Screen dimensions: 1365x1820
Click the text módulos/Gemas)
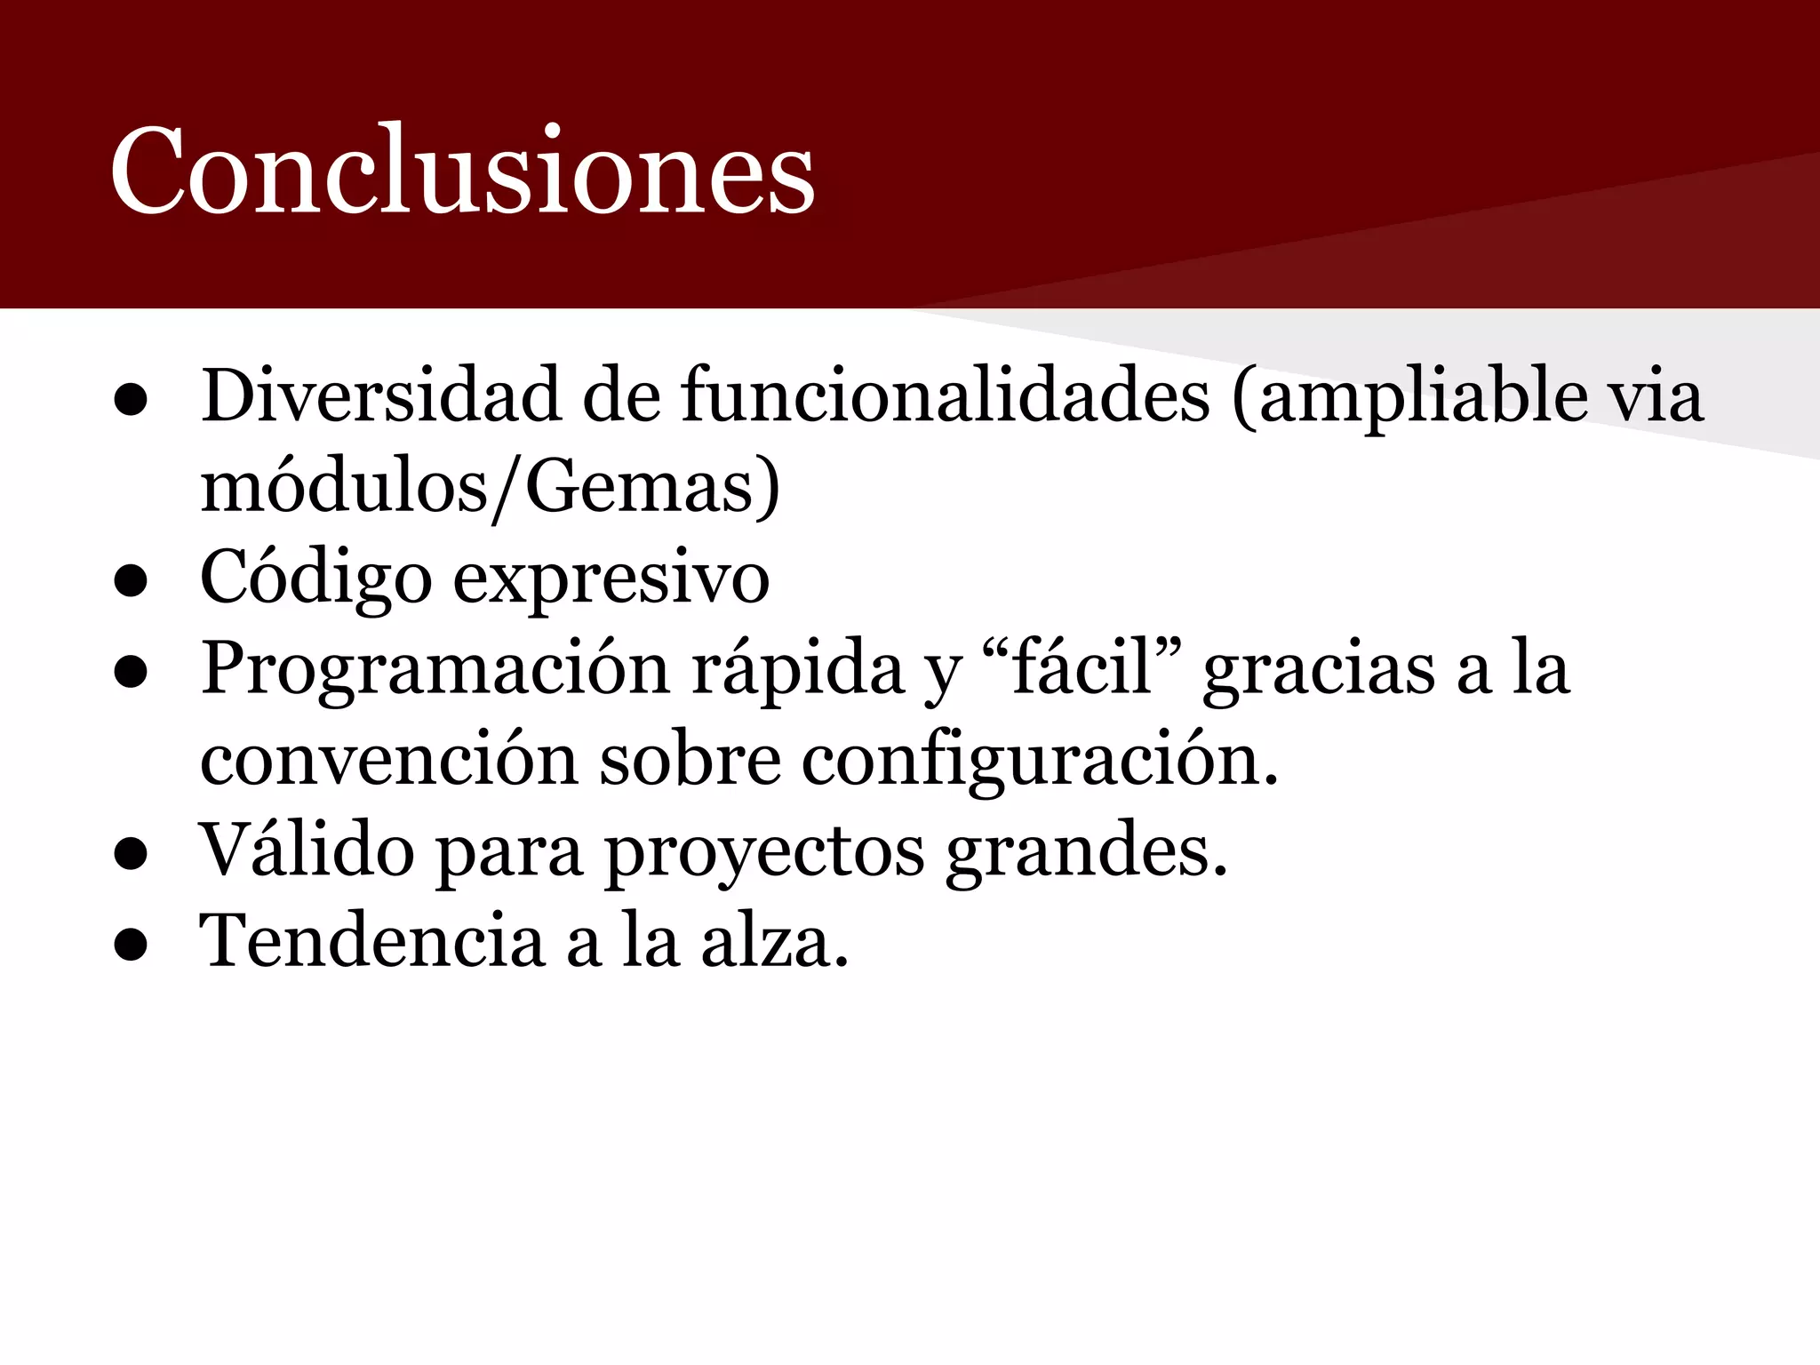490,488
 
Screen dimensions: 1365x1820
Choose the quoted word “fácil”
1082,668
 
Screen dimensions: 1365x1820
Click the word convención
389,761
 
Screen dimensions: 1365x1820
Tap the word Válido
307,851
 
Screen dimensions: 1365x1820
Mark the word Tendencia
371,942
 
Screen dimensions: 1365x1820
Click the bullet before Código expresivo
131,583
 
